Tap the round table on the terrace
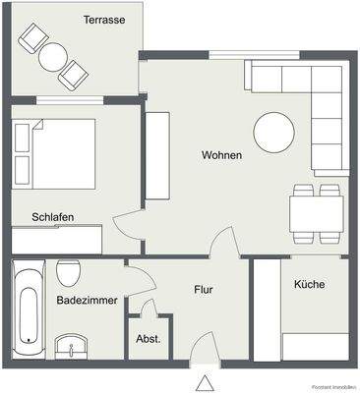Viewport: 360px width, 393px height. click(52, 55)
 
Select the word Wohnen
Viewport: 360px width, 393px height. click(221, 155)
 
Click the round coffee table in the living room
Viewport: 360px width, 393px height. click(273, 131)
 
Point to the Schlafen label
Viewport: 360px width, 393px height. click(52, 217)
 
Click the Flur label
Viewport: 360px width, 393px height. click(204, 291)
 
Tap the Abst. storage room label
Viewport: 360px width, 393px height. click(149, 340)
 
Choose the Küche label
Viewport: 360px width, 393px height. click(308, 284)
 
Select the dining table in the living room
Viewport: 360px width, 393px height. click(316, 212)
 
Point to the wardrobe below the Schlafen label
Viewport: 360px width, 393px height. click(57, 239)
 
